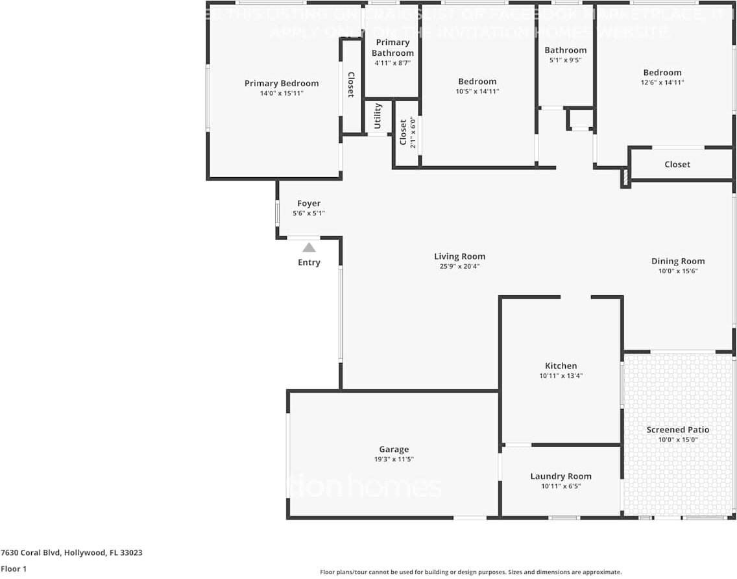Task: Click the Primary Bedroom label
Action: click(281, 83)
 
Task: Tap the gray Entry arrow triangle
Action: click(309, 247)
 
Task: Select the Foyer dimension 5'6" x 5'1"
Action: click(309, 213)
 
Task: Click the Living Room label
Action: click(459, 256)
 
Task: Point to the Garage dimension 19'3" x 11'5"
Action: click(394, 459)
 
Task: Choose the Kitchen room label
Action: click(561, 365)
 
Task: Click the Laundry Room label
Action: click(561, 476)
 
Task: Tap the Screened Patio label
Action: click(677, 430)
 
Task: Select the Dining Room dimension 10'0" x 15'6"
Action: click(678, 271)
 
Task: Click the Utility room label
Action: click(378, 116)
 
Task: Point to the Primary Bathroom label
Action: click(393, 47)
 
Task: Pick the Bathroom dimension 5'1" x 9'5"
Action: click(565, 60)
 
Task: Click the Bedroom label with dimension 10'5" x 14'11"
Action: click(477, 81)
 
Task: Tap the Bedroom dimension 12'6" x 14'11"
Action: click(662, 82)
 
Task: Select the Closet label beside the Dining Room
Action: click(677, 164)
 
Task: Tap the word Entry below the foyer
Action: click(309, 262)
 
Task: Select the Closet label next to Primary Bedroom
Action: click(350, 84)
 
